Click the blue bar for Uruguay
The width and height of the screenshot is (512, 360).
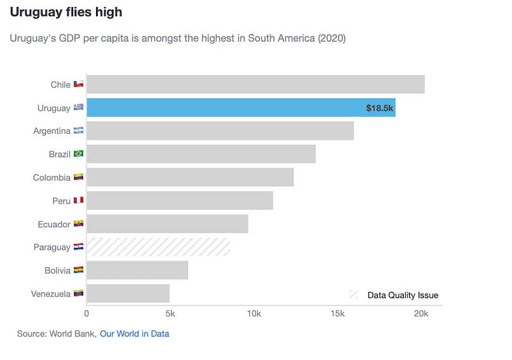click(224, 108)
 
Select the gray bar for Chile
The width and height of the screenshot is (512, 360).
click(255, 85)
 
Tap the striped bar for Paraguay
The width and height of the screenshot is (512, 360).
click(158, 247)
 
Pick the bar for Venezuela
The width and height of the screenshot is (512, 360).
click(128, 293)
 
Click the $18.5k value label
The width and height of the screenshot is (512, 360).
click(380, 108)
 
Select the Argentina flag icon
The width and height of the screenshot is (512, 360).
click(79, 131)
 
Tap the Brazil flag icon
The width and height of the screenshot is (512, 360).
click(79, 154)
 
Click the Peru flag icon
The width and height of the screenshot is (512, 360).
click(79, 200)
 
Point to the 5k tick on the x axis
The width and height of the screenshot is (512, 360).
click(170, 314)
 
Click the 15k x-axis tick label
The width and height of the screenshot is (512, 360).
click(337, 314)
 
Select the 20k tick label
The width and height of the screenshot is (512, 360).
click(420, 314)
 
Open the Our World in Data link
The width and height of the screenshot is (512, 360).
click(134, 334)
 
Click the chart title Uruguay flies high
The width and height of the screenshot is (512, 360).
click(66, 12)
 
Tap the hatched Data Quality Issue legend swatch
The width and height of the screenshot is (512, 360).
click(353, 295)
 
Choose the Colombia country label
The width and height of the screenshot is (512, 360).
click(51, 177)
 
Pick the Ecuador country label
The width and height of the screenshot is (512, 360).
click(54, 224)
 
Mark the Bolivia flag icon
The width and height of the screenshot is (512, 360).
click(79, 270)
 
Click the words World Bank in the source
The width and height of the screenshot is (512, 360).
click(75, 334)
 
